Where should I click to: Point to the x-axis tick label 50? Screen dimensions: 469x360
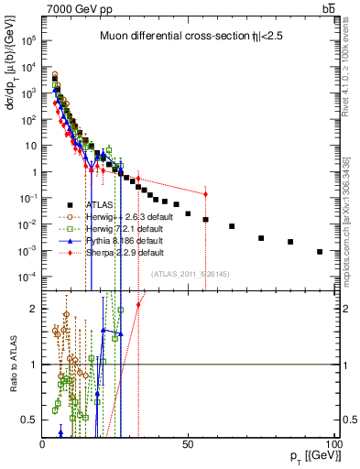pyautogui.click(x=188, y=443)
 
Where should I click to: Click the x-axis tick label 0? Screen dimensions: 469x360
pyautogui.click(x=42, y=443)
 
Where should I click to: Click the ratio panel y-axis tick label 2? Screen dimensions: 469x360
pyautogui.click(x=32, y=309)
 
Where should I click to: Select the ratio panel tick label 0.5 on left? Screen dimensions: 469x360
pyautogui.click(x=27, y=420)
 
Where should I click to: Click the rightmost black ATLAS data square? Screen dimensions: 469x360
pyautogui.click(x=320, y=252)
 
